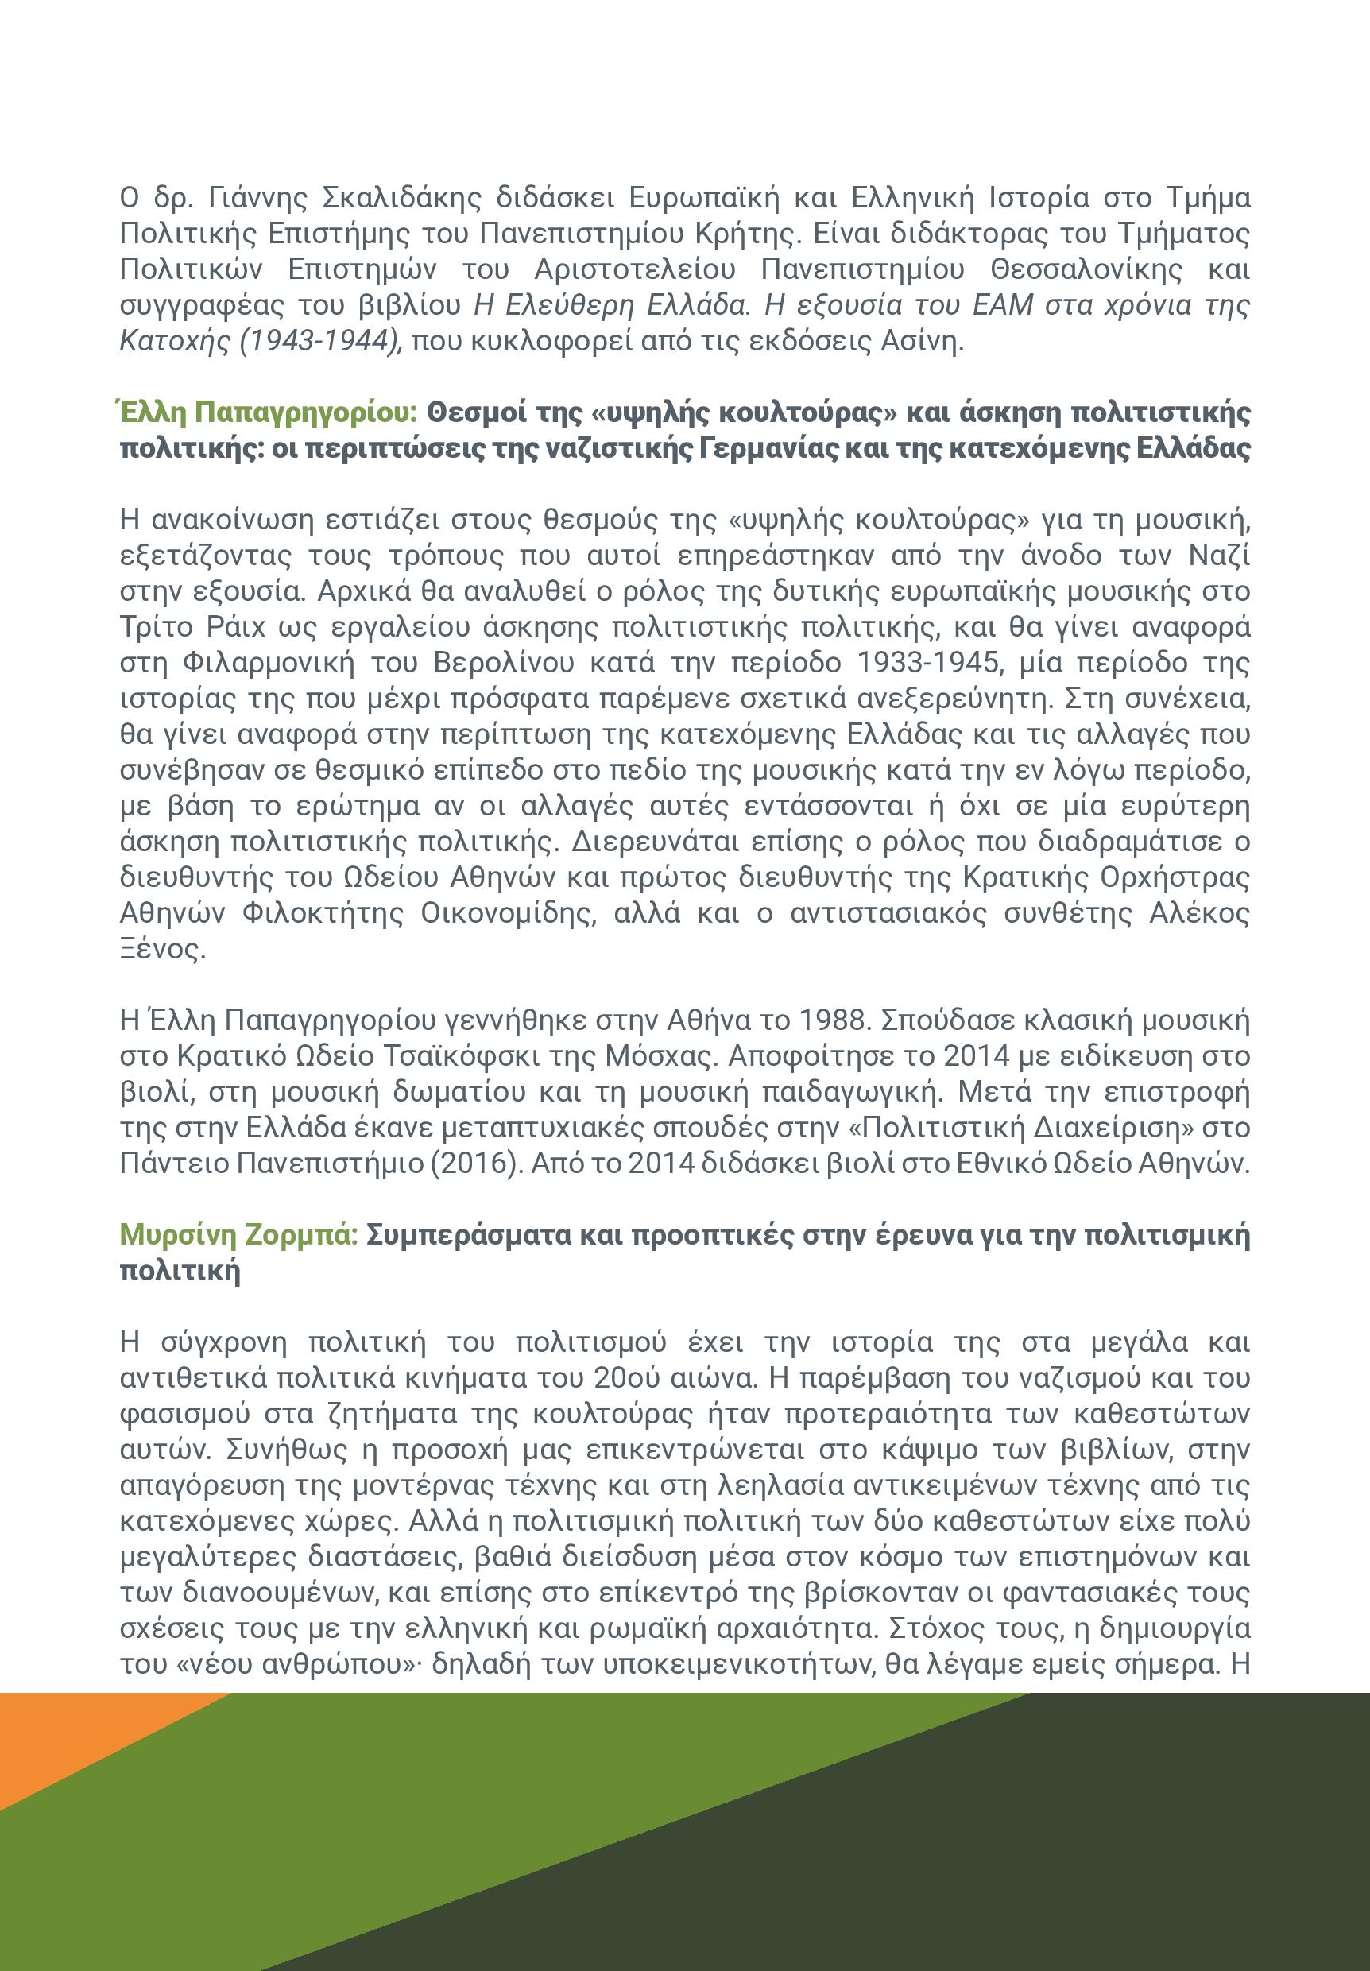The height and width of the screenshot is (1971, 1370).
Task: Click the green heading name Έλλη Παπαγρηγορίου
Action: (267, 413)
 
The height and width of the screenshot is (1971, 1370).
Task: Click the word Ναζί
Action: (1219, 556)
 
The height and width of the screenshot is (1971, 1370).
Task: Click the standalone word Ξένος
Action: (163, 950)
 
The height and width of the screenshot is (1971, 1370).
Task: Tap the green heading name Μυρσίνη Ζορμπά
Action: (238, 1235)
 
